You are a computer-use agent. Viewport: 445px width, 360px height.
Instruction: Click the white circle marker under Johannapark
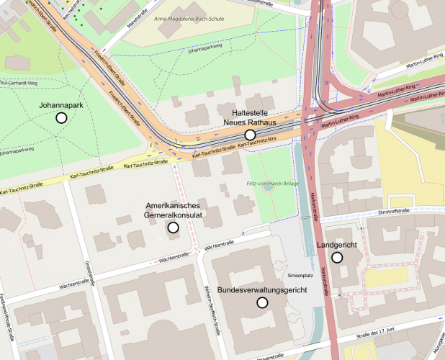(x=61, y=117)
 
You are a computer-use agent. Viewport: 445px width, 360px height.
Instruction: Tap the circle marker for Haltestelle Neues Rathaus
(x=250, y=135)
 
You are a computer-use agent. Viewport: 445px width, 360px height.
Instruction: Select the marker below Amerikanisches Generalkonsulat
(x=173, y=228)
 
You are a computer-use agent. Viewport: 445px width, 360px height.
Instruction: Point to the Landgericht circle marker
(x=336, y=257)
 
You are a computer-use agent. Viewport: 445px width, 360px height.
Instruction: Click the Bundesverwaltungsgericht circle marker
(x=262, y=302)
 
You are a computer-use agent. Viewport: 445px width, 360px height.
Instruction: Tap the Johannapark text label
(x=61, y=105)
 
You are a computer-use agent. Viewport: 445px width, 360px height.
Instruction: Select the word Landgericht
(x=336, y=246)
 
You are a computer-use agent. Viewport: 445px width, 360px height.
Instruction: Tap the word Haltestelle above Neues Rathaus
(x=250, y=114)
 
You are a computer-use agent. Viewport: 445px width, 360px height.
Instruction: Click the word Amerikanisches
(x=173, y=206)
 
